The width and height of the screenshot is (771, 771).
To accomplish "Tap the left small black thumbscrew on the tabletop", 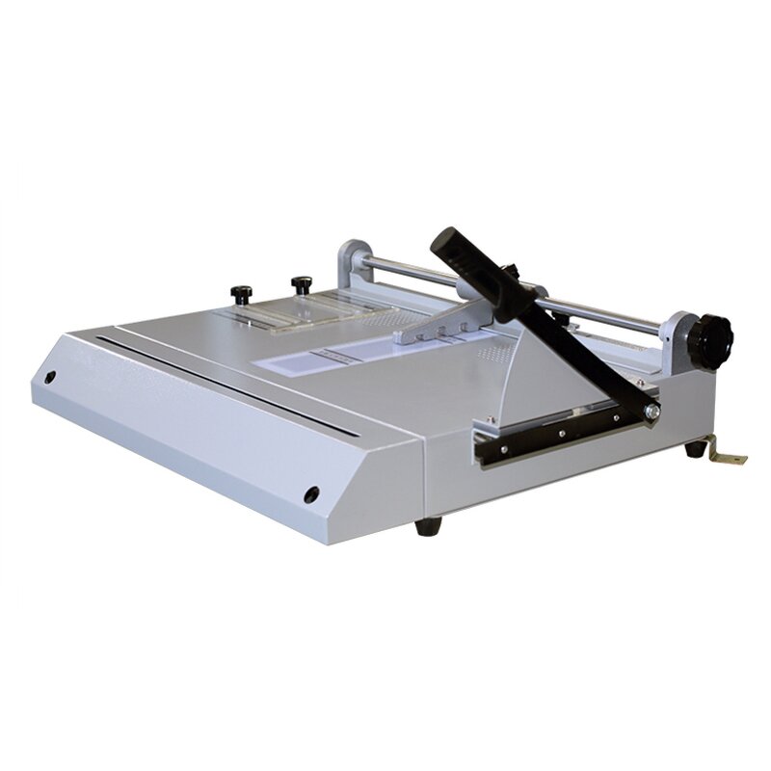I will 238,291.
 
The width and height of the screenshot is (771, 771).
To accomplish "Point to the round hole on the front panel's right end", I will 311,494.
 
